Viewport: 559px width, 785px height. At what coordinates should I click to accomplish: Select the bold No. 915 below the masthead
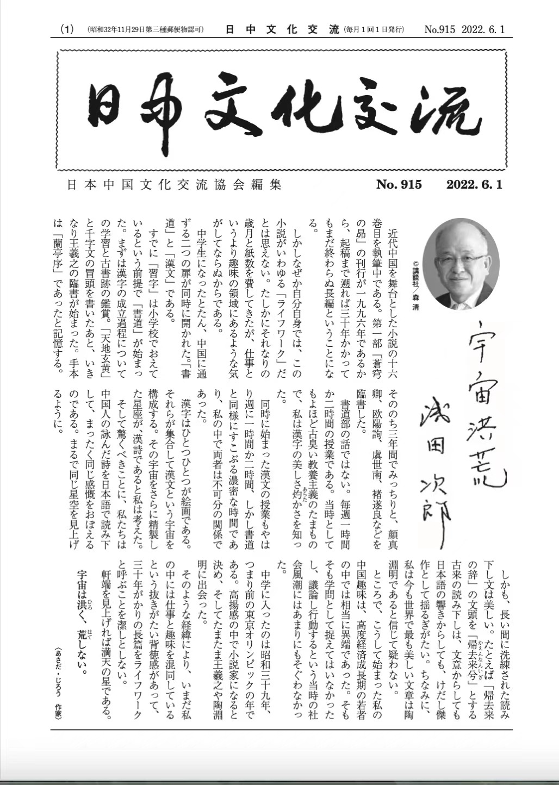point(399,185)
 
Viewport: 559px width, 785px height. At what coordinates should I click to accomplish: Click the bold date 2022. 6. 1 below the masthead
point(474,185)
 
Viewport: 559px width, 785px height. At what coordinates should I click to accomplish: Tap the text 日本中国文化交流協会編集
point(174,185)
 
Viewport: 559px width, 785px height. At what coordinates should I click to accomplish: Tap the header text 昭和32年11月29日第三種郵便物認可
point(145,29)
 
